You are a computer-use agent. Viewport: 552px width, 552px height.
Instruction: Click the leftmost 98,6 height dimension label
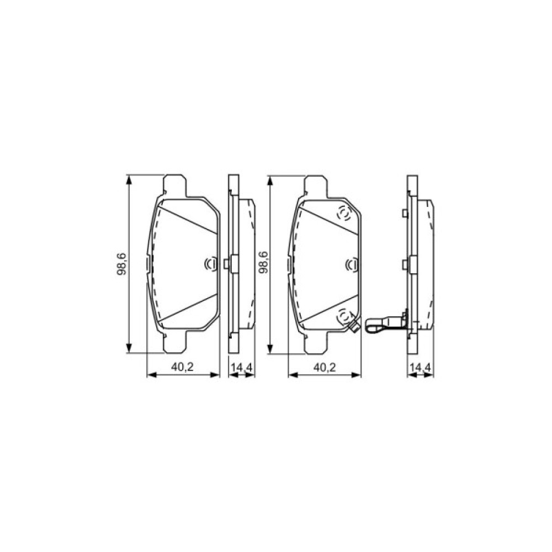tap(122, 263)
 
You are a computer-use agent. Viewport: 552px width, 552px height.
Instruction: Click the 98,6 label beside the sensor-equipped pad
tap(263, 263)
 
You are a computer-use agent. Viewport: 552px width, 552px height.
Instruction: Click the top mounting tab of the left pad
tap(175, 184)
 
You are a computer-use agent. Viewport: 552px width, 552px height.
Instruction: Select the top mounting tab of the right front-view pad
tap(316, 184)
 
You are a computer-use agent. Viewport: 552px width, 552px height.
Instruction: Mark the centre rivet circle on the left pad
tap(210, 265)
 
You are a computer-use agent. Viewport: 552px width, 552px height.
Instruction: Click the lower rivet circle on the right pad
tap(344, 316)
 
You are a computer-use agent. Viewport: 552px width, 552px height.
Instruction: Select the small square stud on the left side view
tap(227, 264)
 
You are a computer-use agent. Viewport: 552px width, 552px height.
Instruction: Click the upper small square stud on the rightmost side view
tap(406, 214)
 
